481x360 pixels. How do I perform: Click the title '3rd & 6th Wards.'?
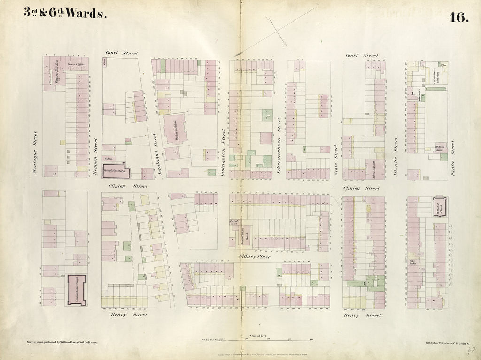click(65, 14)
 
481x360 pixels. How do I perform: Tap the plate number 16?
click(458, 17)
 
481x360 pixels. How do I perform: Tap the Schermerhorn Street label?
click(279, 146)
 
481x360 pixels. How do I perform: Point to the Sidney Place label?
click(255, 257)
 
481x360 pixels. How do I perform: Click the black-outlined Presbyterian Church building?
click(116, 171)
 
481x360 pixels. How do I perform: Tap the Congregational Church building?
click(77, 290)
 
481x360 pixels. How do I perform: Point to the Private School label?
click(234, 222)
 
